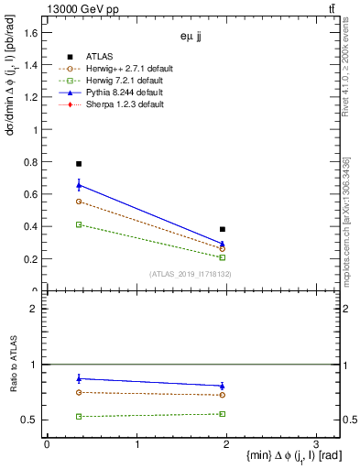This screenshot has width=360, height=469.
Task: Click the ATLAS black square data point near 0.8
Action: point(79,164)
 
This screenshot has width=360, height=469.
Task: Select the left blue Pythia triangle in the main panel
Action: point(79,185)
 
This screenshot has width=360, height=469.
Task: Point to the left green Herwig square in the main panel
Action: point(79,224)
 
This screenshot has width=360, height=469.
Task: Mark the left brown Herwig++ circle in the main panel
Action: point(79,202)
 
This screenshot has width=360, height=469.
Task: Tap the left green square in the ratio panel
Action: point(79,416)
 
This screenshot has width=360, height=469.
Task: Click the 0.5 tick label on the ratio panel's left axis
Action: point(30,420)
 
